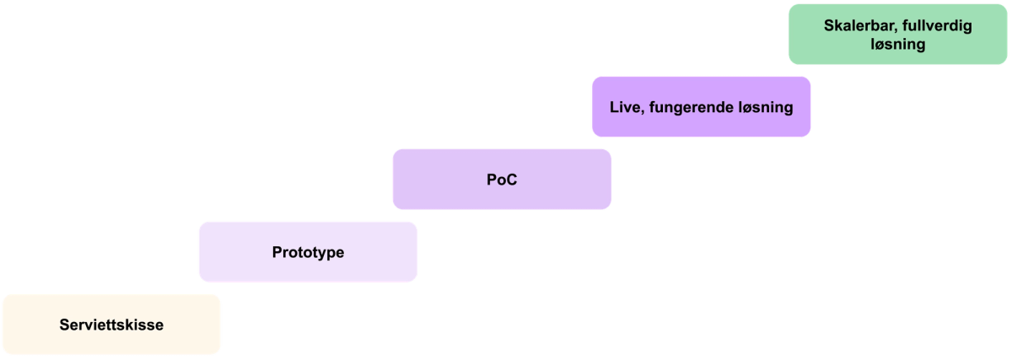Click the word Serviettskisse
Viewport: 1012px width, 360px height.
click(111, 325)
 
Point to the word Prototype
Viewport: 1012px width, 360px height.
click(309, 252)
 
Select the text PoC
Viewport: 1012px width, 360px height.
click(502, 180)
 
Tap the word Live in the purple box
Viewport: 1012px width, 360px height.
click(623, 107)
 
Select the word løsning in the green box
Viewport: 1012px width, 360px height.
click(898, 45)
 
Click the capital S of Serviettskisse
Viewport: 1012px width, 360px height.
click(64, 325)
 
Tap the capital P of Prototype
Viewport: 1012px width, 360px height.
click(277, 252)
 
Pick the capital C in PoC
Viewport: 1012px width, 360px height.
click(510, 180)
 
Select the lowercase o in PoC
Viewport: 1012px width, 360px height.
click(501, 180)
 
